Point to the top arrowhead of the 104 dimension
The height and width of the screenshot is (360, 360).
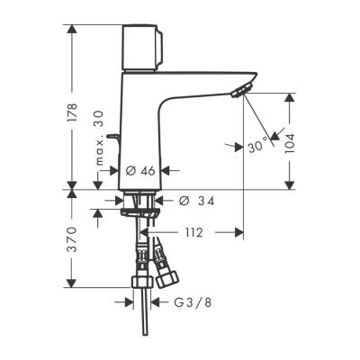pyautogui.click(x=290, y=94)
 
